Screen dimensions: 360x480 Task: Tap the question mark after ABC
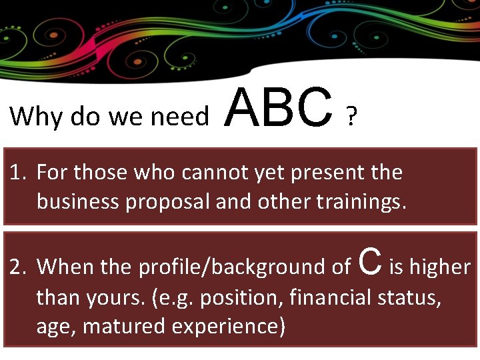pos(351,119)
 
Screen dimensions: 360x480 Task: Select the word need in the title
pos(179,117)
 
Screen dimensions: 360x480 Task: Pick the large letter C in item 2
pos(371,261)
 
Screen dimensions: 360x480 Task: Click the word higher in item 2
pos(440,267)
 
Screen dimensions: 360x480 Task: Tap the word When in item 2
pos(65,267)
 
